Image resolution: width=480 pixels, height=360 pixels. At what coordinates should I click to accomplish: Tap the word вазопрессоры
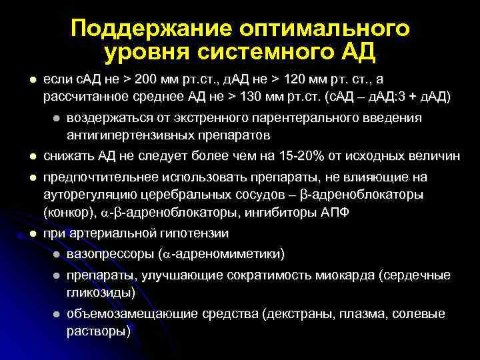click(x=111, y=254)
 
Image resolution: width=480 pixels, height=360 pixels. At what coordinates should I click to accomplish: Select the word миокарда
click(x=366, y=275)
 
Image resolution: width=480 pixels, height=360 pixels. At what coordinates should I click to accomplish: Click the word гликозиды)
click(x=101, y=292)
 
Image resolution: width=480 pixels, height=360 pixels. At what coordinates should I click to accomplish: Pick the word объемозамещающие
click(x=125, y=314)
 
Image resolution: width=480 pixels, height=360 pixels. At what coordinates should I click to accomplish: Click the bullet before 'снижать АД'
click(x=31, y=157)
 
